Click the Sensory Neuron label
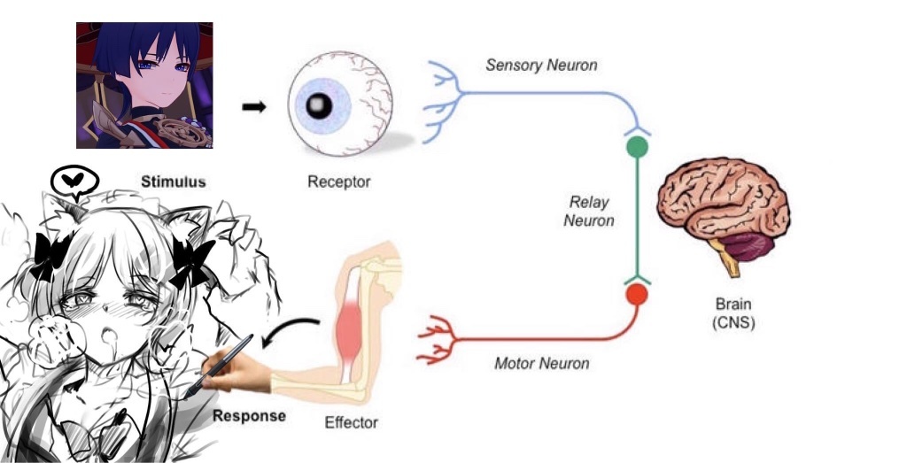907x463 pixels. (x=541, y=65)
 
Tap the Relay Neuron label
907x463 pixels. (x=589, y=212)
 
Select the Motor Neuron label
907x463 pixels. (x=541, y=363)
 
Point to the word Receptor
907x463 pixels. (x=338, y=182)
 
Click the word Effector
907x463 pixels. (x=351, y=422)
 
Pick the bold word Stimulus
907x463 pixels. (x=174, y=181)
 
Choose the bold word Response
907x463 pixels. (x=249, y=415)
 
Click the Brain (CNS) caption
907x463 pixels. (x=733, y=313)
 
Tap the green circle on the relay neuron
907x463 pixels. (x=637, y=147)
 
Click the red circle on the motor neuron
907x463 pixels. (x=637, y=293)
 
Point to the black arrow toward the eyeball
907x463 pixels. (x=253, y=106)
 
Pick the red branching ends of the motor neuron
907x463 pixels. (x=436, y=338)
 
